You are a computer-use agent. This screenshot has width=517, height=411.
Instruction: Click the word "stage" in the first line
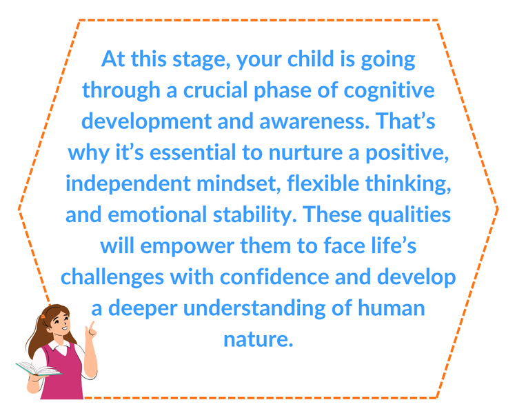coord(201,60)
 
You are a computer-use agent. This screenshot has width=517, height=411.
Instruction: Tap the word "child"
coord(311,59)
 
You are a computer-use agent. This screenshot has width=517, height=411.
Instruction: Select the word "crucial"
coord(215,90)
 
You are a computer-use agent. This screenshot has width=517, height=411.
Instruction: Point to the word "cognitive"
coord(389,91)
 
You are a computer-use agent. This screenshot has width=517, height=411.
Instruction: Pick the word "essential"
coord(193,152)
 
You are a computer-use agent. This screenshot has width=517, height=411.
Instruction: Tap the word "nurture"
coord(305,152)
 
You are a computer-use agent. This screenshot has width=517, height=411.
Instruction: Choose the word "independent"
coord(128,184)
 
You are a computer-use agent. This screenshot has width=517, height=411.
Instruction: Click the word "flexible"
coord(323,183)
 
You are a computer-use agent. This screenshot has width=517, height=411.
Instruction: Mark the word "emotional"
coord(157,214)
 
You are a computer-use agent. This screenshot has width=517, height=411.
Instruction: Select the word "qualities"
coord(409,215)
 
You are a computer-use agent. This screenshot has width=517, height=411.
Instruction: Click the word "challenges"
coord(112,277)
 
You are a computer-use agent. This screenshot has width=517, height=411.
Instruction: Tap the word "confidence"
coord(274,277)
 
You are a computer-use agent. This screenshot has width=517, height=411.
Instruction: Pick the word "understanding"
coord(254,308)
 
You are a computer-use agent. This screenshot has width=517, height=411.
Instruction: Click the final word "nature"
coord(258,339)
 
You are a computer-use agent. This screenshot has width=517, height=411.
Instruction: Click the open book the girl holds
coord(39,368)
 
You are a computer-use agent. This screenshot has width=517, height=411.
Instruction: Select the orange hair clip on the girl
coord(43,317)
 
